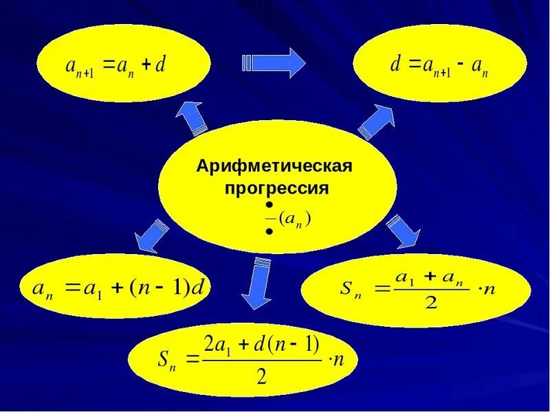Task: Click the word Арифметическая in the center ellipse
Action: (x=274, y=167)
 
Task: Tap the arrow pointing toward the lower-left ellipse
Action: (x=151, y=236)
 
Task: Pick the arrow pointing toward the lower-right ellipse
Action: (x=403, y=231)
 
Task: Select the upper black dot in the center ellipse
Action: (x=269, y=206)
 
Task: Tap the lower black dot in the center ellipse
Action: (x=269, y=233)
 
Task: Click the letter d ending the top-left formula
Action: (x=162, y=65)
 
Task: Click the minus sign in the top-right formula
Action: (x=459, y=65)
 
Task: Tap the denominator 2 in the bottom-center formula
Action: (x=261, y=376)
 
